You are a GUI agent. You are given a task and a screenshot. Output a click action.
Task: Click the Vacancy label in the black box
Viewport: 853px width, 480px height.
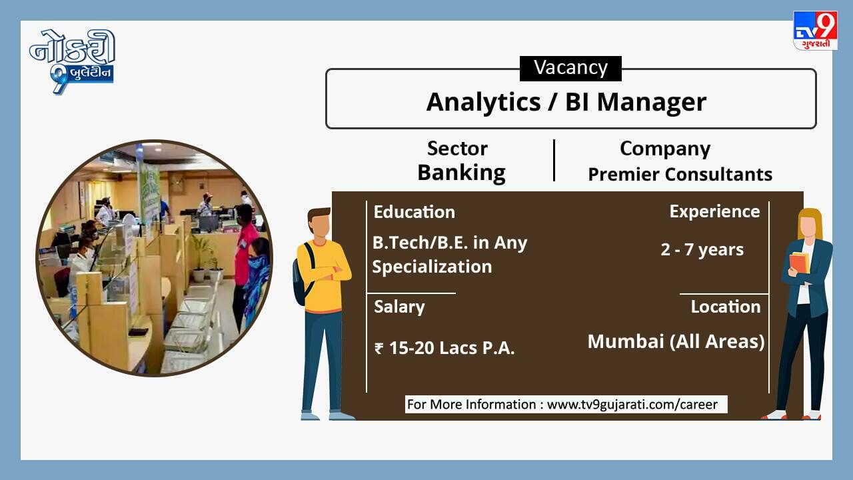(x=570, y=68)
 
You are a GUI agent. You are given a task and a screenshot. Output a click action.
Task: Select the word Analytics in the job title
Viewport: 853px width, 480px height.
(x=483, y=102)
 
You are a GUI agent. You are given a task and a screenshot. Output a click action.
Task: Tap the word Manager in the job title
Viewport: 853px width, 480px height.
(x=652, y=103)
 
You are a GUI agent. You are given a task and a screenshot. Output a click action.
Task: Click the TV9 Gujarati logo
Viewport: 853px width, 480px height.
(x=815, y=31)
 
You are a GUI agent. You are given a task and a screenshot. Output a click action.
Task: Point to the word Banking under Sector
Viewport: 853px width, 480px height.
(x=462, y=173)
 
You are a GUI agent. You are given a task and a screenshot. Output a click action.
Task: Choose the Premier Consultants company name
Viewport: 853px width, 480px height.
(x=680, y=175)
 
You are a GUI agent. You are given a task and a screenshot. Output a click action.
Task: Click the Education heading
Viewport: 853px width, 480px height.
(x=415, y=212)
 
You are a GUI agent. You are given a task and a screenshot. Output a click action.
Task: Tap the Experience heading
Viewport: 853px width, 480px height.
(x=715, y=211)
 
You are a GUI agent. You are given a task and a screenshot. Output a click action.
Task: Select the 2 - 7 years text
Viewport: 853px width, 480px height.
(x=702, y=250)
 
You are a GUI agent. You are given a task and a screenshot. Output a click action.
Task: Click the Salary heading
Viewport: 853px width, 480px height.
(x=399, y=307)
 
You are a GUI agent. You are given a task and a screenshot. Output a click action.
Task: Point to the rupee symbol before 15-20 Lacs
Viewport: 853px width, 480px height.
(x=379, y=349)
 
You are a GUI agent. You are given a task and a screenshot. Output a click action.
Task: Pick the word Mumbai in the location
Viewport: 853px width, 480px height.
(x=626, y=341)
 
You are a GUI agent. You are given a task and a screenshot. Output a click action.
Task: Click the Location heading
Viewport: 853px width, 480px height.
(x=726, y=307)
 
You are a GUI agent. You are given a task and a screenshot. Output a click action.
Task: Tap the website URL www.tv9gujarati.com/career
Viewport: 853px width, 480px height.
(x=632, y=405)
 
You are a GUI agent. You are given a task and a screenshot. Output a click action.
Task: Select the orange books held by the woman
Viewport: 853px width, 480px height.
(x=799, y=263)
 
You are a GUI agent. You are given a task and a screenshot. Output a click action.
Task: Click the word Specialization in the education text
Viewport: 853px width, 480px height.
(x=432, y=267)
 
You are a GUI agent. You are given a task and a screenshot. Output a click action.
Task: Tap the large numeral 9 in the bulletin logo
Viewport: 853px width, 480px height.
(x=59, y=79)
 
